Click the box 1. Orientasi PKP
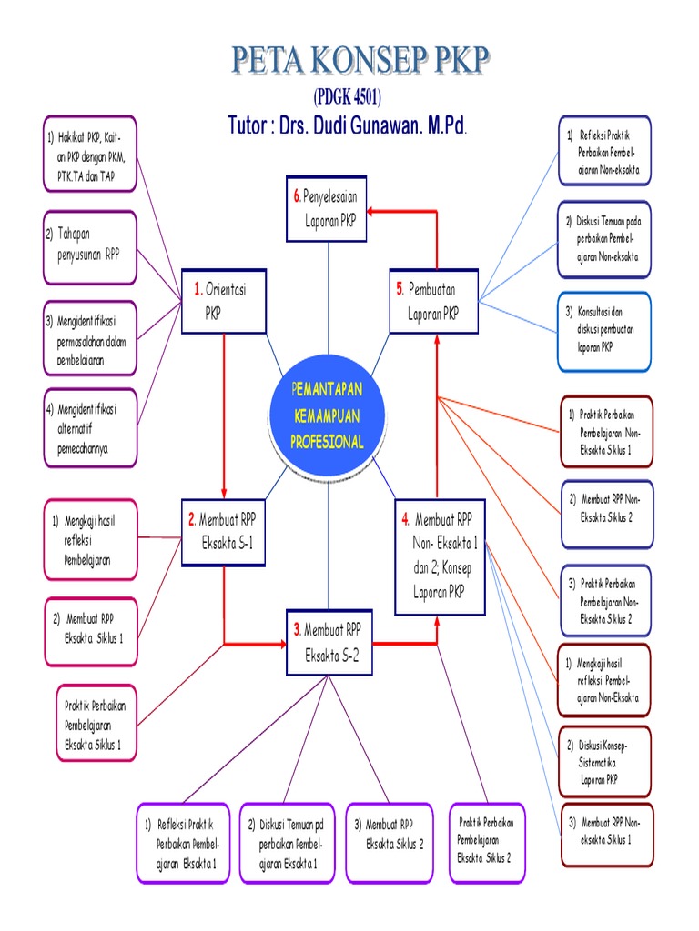[223, 301]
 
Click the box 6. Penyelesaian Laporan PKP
[327, 209]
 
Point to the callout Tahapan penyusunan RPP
[89, 242]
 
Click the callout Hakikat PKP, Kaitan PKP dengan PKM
[89, 154]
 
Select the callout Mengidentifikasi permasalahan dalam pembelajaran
[89, 338]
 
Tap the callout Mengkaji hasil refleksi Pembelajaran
[89, 539]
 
